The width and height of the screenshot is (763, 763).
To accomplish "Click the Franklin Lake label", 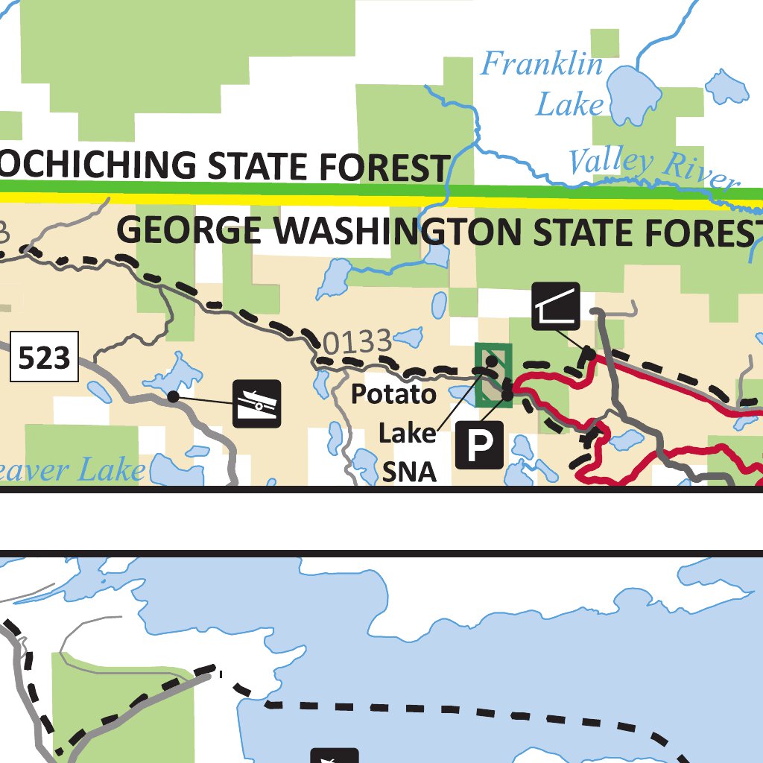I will point(541,83).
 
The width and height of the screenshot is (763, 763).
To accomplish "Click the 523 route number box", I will point(44,357).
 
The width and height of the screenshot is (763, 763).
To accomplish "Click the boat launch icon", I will point(256,404).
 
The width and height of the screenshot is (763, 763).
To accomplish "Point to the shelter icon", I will point(556,306).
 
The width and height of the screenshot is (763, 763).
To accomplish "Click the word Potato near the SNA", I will point(393,393).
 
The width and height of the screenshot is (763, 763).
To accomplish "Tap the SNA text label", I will point(409,472).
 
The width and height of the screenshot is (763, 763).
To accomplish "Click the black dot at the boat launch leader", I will point(173,397).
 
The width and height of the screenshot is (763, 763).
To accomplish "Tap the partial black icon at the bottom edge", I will point(335,756).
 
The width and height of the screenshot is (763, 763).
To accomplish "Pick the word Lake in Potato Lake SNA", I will point(406,433).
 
